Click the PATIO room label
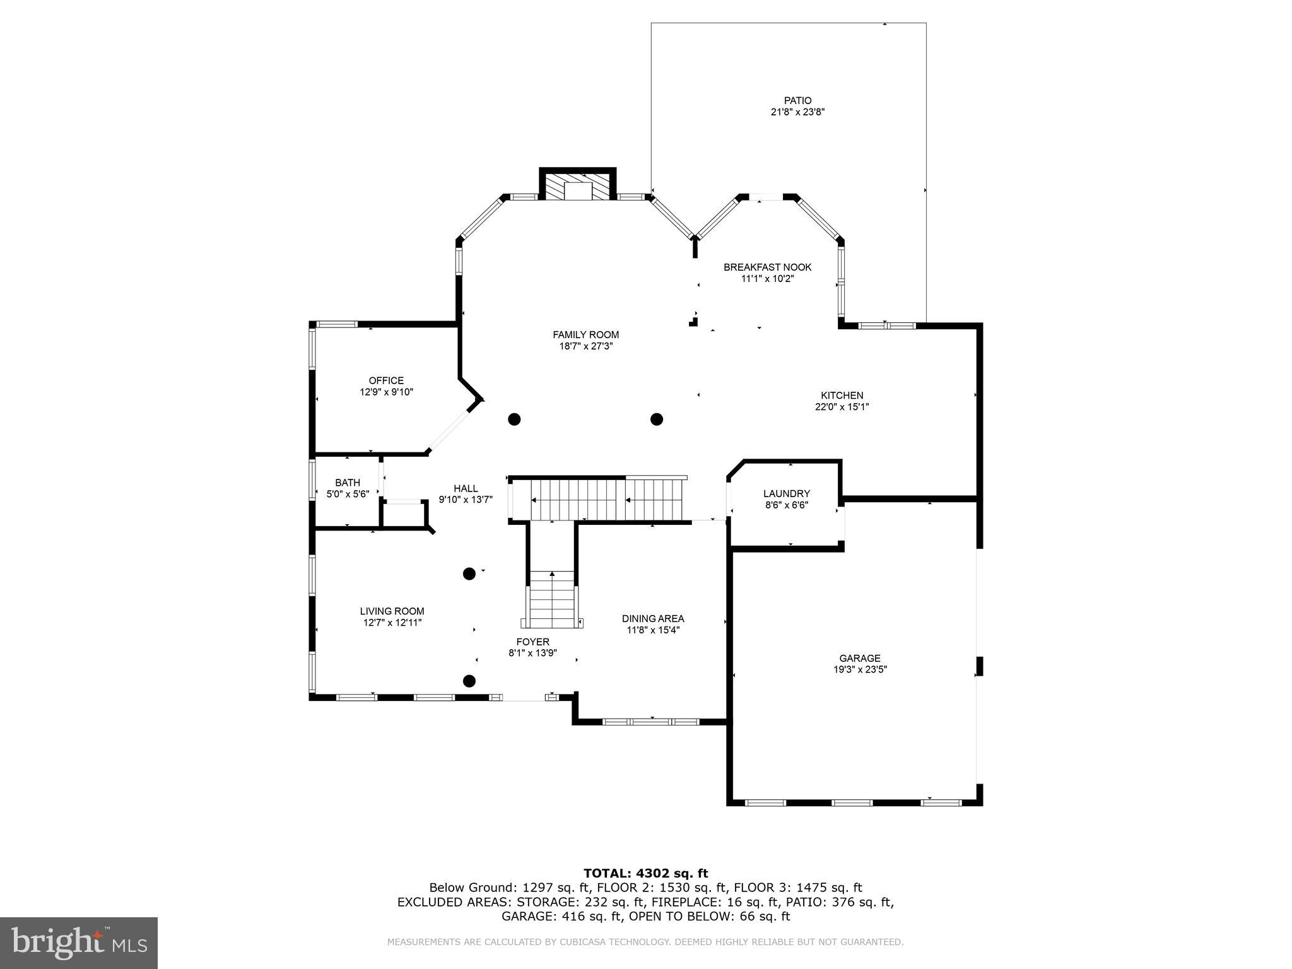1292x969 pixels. (797, 100)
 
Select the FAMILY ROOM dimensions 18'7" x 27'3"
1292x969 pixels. (585, 346)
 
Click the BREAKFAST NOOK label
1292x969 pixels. (767, 267)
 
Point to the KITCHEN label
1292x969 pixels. (842, 396)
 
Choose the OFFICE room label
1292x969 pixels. (386, 380)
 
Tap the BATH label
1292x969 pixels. (348, 483)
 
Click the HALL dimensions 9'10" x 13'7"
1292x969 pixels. (466, 500)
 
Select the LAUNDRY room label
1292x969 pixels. (786, 493)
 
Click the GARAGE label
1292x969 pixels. (859, 658)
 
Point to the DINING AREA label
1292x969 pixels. (652, 618)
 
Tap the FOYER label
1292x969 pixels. (532, 642)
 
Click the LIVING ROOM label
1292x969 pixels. (392, 611)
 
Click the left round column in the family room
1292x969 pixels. (514, 419)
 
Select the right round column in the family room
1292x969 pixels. (657, 419)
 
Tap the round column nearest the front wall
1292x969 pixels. (469, 681)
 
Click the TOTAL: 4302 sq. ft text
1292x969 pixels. (645, 873)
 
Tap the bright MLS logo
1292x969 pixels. (79, 943)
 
